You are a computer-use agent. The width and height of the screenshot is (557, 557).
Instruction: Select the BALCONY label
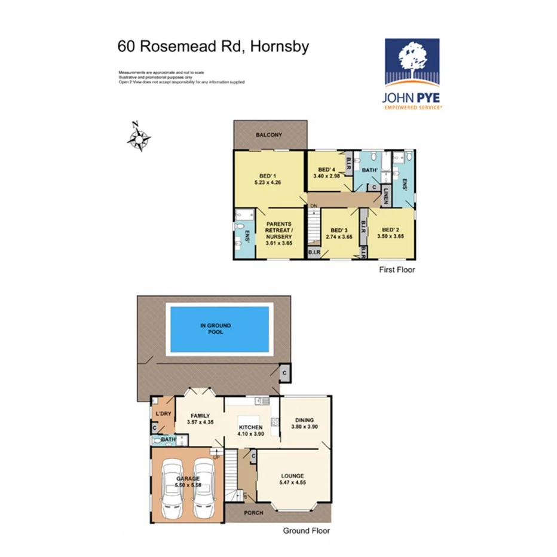[269, 135]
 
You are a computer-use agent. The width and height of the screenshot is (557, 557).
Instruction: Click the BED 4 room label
[328, 169]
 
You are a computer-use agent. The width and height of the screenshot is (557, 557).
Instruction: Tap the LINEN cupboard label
[387, 197]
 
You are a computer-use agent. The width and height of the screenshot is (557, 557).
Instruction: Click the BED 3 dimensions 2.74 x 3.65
[339, 237]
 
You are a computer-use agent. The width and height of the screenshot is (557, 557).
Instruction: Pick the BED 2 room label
[390, 230]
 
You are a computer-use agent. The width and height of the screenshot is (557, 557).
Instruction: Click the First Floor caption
[397, 270]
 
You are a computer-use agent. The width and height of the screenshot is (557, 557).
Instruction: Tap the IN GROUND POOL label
[216, 328]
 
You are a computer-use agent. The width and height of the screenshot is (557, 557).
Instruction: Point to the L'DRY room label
[163, 414]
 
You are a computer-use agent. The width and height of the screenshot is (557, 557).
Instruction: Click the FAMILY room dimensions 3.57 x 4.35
[200, 423]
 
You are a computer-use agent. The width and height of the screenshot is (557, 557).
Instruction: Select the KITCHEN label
[251, 428]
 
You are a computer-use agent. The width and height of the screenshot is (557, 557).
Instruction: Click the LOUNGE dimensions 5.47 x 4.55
[293, 482]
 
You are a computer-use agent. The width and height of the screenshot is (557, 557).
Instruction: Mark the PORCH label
[253, 513]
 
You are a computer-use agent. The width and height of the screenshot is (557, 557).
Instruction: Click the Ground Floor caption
[306, 530]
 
